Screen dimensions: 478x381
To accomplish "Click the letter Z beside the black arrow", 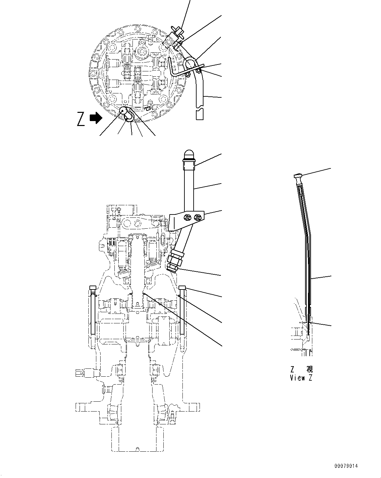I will (x=81, y=119).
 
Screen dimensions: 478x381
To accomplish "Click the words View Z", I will (x=301, y=378).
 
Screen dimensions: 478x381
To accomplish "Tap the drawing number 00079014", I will (x=346, y=466).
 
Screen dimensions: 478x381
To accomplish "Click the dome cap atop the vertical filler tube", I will (x=189, y=155).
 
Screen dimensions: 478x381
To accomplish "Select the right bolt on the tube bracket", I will (x=198, y=217).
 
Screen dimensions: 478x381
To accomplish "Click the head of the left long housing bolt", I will (x=92, y=288).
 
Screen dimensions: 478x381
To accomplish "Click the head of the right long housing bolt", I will (x=183, y=288).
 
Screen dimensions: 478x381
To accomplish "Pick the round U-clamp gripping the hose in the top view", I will (x=191, y=63).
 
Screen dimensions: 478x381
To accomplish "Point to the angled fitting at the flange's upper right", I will (x=177, y=33).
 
